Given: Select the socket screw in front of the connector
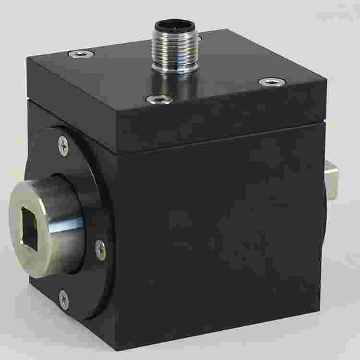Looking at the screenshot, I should (158, 100).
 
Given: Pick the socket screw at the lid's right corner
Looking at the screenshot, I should (269, 82).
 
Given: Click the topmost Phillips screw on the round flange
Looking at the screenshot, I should (63, 145).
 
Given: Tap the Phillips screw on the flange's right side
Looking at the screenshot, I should (100, 248).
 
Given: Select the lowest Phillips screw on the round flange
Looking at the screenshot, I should (63, 300).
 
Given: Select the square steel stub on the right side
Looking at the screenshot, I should (332, 180).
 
